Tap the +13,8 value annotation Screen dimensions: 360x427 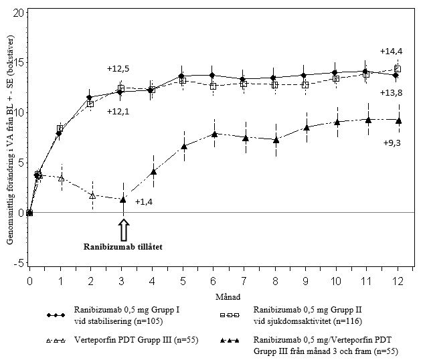click(391, 92)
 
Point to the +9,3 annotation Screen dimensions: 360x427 click(392, 143)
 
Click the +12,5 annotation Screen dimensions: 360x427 click(118, 68)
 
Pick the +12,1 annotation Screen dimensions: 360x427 click(118, 111)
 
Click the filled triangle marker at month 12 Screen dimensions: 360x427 click(398, 120)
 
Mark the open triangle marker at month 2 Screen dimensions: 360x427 click(92, 195)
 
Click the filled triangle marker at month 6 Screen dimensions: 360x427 click(213, 134)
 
